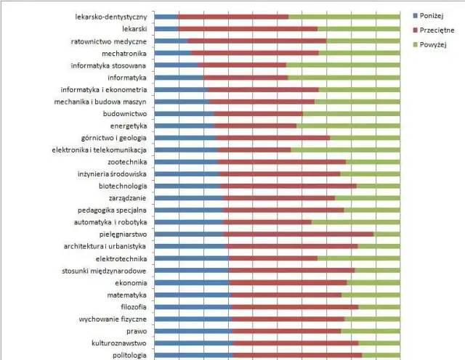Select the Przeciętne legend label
coord(438,30)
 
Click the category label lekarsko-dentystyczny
coord(112,16)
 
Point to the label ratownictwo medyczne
coord(109,41)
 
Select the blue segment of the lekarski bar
coord(166,28)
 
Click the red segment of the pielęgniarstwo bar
coord(299,234)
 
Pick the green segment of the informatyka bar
coord(343,77)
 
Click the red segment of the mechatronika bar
coord(255,53)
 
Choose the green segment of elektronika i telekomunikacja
coord(344,150)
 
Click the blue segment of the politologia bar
coord(194,355)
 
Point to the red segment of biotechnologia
coord(288,186)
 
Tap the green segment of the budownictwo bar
coord(350,113)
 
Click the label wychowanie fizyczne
coord(113,319)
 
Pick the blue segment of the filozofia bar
coord(193,307)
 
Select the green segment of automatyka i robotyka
coord(355,222)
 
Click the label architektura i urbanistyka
coord(105,247)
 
